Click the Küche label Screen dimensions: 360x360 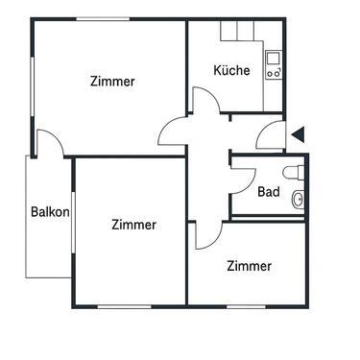coord(231,70)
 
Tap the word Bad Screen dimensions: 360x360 coord(269,192)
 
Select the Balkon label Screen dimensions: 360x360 coord(49,213)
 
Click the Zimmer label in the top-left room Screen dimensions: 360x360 coord(112,82)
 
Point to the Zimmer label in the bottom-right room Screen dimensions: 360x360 coord(249,266)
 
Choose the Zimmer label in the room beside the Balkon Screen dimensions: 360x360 coord(133,225)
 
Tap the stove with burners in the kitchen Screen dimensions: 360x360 coord(273,70)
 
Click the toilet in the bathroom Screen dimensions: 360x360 coord(300,173)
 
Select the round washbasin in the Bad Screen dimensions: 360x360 coord(299,200)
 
